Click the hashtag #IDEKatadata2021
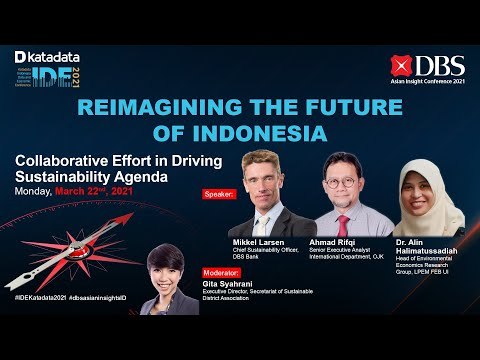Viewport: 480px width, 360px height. (x=39, y=299)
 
